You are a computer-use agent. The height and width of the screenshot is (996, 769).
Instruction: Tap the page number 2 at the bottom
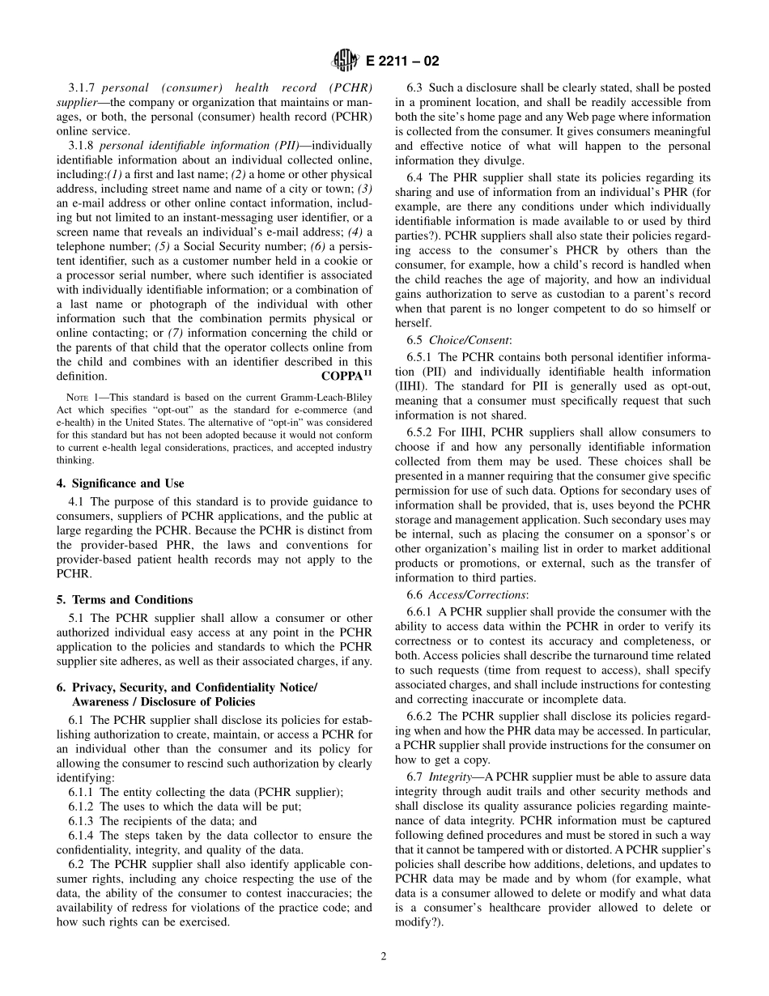click(384, 956)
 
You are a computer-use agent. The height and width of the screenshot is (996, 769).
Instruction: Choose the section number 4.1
click(78, 501)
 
